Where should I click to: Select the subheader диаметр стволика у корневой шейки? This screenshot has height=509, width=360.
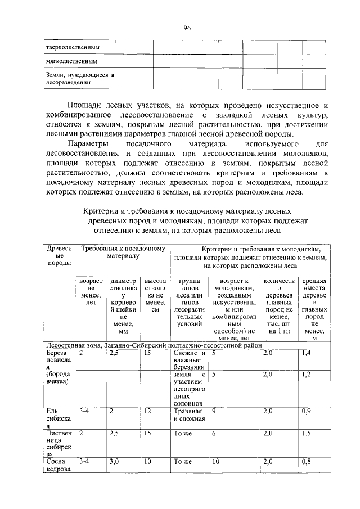click(124, 307)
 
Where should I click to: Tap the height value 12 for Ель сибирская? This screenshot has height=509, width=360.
click(148, 412)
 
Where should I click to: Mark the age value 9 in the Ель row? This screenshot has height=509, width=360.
click(214, 412)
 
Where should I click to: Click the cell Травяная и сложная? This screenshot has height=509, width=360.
click(188, 415)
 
